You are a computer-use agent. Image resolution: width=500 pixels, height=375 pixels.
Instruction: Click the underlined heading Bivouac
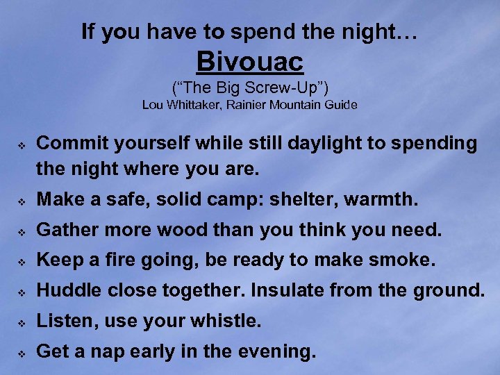(250, 62)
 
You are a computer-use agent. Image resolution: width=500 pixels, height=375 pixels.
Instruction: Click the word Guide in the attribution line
(340, 106)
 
